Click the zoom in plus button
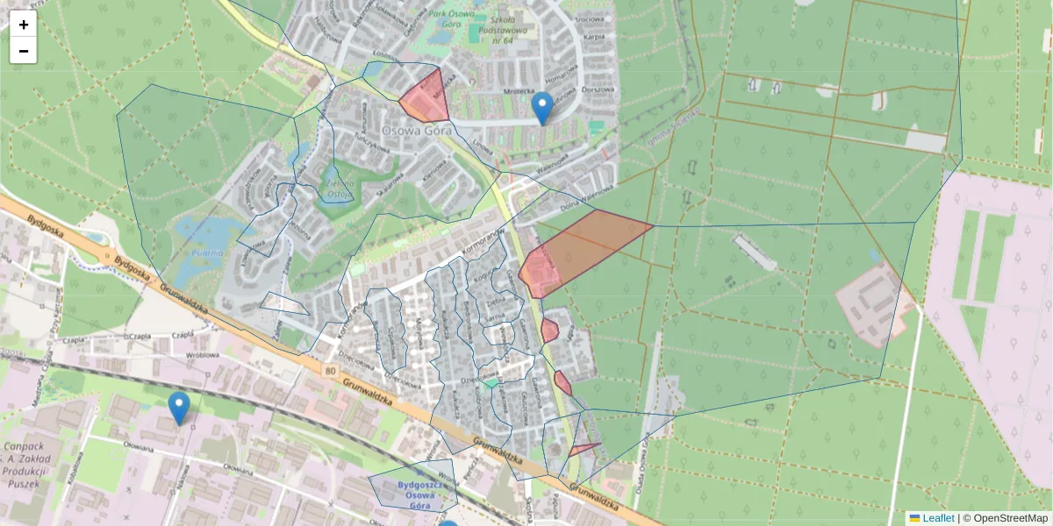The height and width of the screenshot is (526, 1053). click(24, 25)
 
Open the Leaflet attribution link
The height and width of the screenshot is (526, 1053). click(937, 518)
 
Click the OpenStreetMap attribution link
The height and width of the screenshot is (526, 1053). click(1010, 518)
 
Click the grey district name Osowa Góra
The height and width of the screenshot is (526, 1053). click(416, 130)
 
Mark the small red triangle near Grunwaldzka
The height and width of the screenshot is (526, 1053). click(582, 449)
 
